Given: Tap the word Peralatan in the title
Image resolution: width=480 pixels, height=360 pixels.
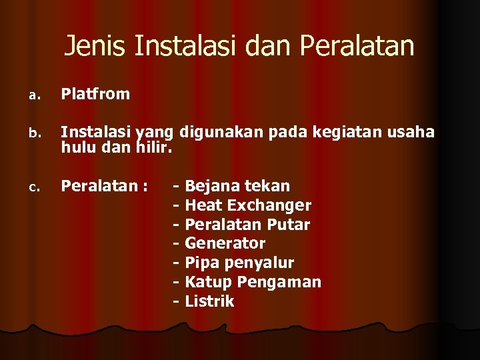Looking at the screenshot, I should pyautogui.click(x=357, y=46).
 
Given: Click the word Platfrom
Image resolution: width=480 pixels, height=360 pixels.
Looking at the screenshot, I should pyautogui.click(x=95, y=94).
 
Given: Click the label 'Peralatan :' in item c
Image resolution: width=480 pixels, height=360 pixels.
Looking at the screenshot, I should pyautogui.click(x=104, y=185).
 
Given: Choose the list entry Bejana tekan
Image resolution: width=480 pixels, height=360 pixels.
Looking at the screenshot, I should pyautogui.click(x=237, y=185).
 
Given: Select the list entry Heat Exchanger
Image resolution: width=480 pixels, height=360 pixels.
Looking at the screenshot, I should pyautogui.click(x=247, y=205).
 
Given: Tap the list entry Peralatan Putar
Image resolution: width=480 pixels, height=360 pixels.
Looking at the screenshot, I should pyautogui.click(x=247, y=224).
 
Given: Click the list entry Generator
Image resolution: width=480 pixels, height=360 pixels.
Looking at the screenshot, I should pyautogui.click(x=225, y=243).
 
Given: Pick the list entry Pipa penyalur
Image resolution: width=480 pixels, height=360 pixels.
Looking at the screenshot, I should pyautogui.click(x=239, y=263).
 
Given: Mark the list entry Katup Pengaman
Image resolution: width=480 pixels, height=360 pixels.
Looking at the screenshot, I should pyautogui.click(x=253, y=282).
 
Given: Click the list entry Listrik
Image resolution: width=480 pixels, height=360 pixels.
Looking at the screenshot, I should pyautogui.click(x=209, y=301).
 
